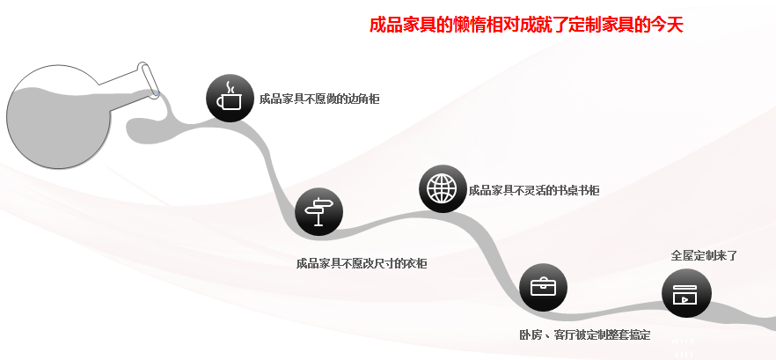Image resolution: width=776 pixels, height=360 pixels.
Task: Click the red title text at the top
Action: click(x=526, y=25)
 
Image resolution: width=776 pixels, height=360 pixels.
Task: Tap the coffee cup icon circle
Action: click(x=231, y=98)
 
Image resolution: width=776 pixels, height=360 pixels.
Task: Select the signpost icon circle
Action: click(x=318, y=212)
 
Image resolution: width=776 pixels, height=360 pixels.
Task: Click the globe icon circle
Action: click(x=443, y=188)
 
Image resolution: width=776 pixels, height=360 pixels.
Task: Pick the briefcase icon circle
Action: click(x=543, y=288)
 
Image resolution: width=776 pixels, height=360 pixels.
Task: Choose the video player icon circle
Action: click(x=685, y=293)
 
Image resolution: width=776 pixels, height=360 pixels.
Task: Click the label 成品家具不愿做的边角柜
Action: click(x=319, y=99)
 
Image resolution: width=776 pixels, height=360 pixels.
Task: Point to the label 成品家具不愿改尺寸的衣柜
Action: click(x=362, y=263)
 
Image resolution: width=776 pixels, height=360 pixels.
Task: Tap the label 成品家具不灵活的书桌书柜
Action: click(x=534, y=190)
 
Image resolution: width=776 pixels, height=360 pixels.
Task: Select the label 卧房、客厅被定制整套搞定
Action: click(x=584, y=335)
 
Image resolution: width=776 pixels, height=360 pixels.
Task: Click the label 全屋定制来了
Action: click(x=704, y=256)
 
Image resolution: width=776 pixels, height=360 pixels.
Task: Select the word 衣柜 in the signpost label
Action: click(x=416, y=263)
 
